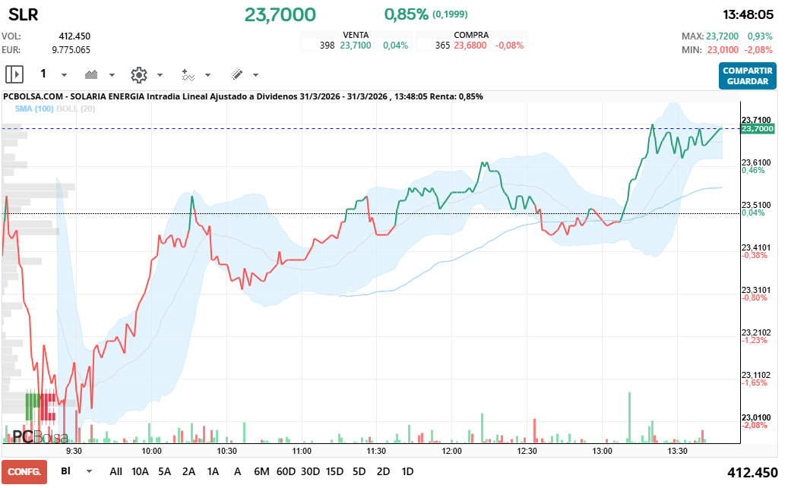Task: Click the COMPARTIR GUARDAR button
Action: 747,76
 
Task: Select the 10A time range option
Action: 140,471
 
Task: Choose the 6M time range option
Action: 261,471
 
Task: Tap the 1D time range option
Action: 407,471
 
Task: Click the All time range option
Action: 116,471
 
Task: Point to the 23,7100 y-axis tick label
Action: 755,119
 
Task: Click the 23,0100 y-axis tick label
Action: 755,417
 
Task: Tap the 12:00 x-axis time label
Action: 452,451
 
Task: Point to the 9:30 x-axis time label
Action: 74,451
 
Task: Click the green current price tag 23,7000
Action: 758,129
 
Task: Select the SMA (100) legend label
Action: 34,109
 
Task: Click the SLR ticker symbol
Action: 23,15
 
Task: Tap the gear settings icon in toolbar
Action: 138,74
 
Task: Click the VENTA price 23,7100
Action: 355,46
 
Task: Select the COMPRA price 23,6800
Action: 470,46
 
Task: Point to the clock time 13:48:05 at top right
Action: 748,14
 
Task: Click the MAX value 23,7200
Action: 722,36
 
